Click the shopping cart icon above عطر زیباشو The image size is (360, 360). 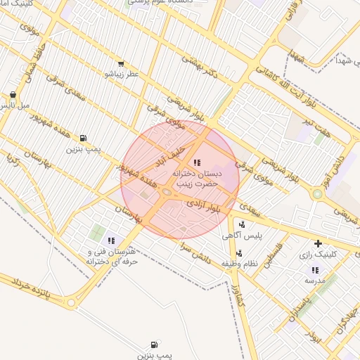point(121,63)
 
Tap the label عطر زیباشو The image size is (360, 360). point(122,73)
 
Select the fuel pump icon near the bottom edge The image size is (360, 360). point(154,345)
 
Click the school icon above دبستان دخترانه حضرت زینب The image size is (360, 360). point(196,162)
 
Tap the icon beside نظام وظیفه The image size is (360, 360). point(240,253)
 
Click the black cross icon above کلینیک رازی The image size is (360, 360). point(318,243)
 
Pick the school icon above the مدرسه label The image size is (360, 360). point(314,270)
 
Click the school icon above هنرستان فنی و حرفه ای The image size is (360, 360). point(111,241)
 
